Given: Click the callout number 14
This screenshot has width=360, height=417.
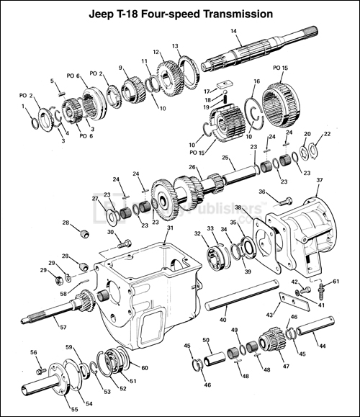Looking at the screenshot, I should point(233,31).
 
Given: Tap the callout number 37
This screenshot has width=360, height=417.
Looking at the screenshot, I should point(319,179).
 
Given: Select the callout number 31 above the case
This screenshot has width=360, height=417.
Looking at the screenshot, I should point(171,228).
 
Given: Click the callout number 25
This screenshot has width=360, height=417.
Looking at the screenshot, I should point(225,157).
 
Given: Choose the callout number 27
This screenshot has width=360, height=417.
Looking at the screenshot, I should point(93,199).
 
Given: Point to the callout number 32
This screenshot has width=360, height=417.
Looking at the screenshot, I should point(197,233).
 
